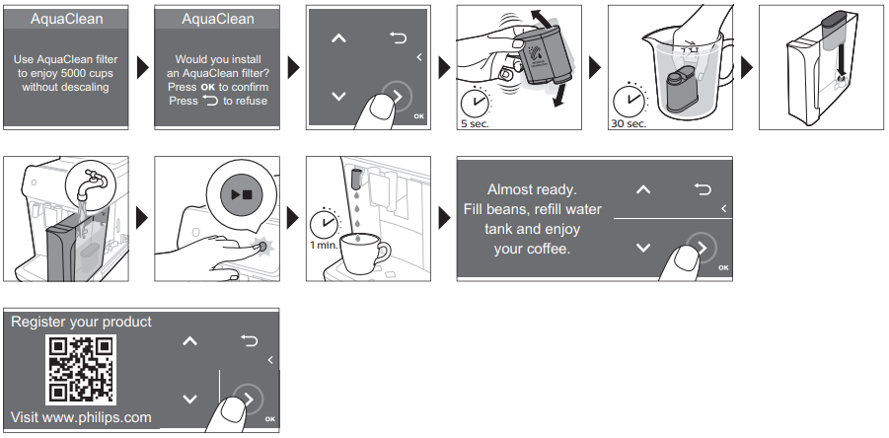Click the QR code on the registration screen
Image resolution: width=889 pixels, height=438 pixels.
[x=81, y=369]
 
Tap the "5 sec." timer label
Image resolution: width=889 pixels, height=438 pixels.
[x=476, y=123]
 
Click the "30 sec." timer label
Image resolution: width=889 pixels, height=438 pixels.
[x=629, y=123]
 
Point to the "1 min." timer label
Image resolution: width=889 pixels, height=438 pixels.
[x=324, y=245]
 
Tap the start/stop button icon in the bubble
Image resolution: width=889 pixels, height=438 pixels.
[x=242, y=194]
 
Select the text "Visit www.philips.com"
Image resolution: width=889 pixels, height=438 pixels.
[x=81, y=418]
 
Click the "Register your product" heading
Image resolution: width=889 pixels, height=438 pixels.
[x=81, y=322]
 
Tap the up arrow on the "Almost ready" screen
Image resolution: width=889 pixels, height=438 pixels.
[x=643, y=189]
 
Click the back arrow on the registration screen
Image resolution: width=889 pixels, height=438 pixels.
[x=249, y=340]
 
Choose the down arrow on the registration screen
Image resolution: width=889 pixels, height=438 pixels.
[x=190, y=399]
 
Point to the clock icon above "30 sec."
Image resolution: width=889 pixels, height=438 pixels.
[x=628, y=102]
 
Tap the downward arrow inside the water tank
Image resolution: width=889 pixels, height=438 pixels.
[x=841, y=62]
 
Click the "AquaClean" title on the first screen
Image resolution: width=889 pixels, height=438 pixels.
[x=66, y=19]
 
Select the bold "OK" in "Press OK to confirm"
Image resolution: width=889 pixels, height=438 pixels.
[x=208, y=87]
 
